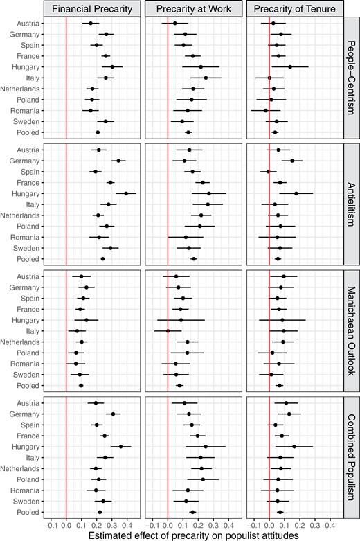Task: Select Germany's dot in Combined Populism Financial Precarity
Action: tap(114, 414)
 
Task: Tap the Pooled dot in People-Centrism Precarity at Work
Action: tap(188, 132)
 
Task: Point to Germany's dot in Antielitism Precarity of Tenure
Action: tap(292, 161)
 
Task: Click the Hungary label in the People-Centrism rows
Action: tap(28, 66)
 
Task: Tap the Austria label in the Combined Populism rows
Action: tap(29, 402)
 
